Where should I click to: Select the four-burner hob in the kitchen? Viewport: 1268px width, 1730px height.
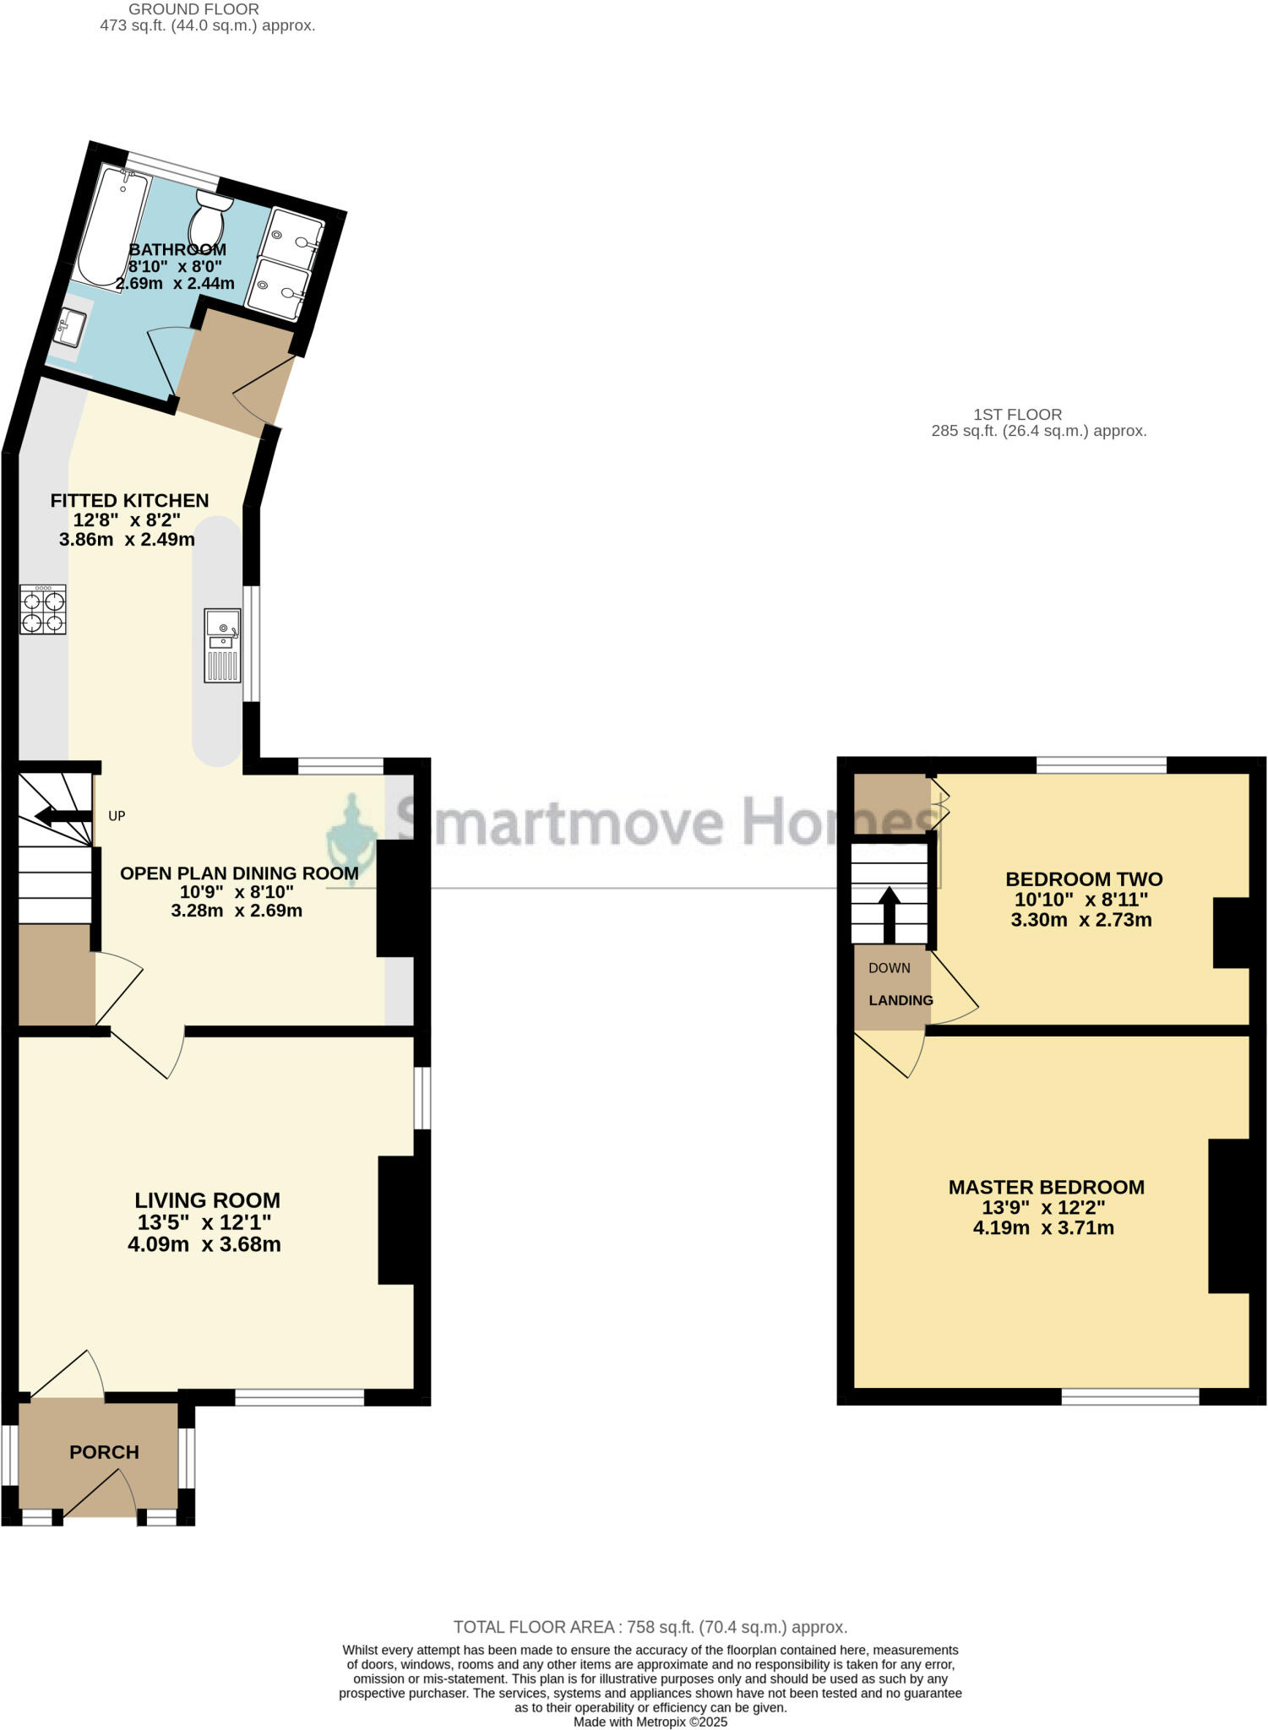[43, 609]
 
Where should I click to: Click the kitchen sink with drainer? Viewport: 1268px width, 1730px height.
[222, 645]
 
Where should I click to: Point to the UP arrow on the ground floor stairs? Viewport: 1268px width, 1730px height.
[64, 816]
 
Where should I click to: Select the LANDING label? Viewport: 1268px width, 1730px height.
[901, 1000]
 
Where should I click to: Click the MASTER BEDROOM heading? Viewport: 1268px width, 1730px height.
[1046, 1187]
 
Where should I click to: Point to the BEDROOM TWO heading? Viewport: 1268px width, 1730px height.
[1084, 879]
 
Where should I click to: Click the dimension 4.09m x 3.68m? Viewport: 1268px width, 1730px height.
[204, 1244]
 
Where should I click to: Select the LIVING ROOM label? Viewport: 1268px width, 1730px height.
[207, 1200]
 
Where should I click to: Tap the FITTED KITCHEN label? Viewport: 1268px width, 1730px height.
[129, 500]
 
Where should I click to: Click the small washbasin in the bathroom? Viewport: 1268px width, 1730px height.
[70, 328]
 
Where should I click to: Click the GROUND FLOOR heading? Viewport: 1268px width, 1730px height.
[193, 9]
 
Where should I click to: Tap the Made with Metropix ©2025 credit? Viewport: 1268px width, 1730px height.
[650, 1722]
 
